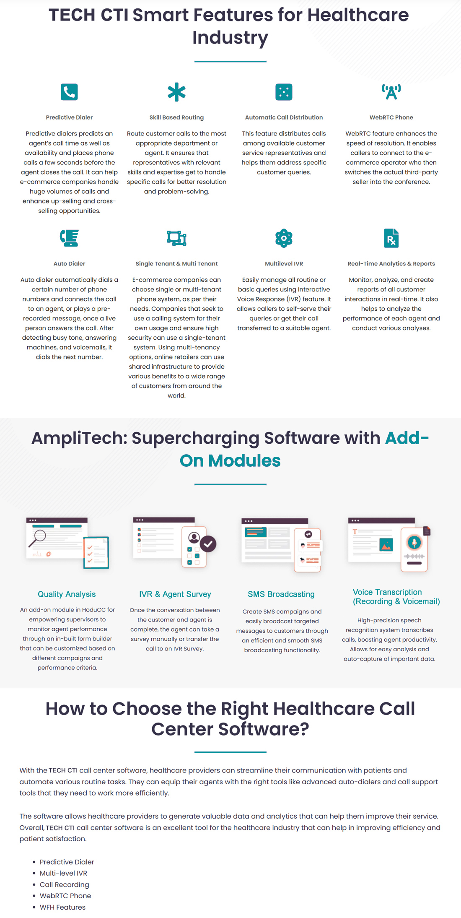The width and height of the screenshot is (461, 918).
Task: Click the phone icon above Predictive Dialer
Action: point(69,92)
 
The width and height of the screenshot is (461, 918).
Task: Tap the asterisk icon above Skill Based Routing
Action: point(176,92)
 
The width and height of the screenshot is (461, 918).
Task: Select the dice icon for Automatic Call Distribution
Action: point(284,92)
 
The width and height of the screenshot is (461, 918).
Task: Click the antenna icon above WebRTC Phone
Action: point(391,92)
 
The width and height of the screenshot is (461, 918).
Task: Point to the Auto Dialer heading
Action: point(69,264)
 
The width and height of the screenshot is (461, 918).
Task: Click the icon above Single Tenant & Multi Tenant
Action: point(176,238)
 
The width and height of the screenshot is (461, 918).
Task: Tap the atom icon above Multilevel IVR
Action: point(284,238)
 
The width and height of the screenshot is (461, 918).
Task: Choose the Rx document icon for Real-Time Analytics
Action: point(391,238)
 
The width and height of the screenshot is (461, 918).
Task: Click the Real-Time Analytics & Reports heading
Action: point(391,264)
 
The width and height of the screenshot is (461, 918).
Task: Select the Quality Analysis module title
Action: point(67,594)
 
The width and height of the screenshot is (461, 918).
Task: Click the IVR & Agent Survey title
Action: point(175,594)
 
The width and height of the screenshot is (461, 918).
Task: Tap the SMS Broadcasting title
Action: point(281,594)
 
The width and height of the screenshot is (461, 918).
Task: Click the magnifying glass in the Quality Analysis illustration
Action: point(39,536)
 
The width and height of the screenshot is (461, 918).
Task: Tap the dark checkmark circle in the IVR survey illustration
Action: point(208,544)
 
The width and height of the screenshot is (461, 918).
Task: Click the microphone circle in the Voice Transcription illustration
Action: point(414,542)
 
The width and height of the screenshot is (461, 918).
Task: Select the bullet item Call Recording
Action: point(64,884)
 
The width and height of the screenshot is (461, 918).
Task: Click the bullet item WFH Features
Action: point(62,907)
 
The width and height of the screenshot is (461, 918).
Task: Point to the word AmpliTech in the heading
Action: point(79,438)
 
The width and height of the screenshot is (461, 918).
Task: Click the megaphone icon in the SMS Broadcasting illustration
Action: point(308,534)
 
